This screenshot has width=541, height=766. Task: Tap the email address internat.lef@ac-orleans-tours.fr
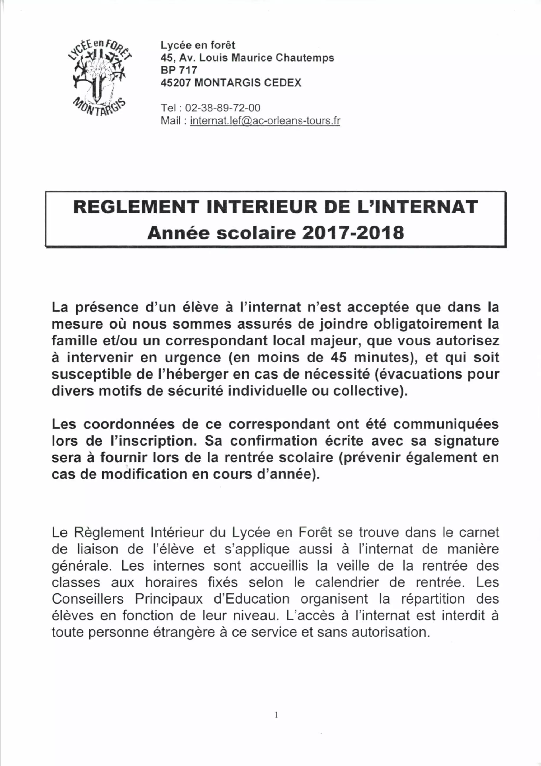point(265,120)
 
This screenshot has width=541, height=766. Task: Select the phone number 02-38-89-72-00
point(223,108)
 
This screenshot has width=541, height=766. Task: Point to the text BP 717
point(179,70)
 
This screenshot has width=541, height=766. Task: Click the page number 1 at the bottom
point(276,714)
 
